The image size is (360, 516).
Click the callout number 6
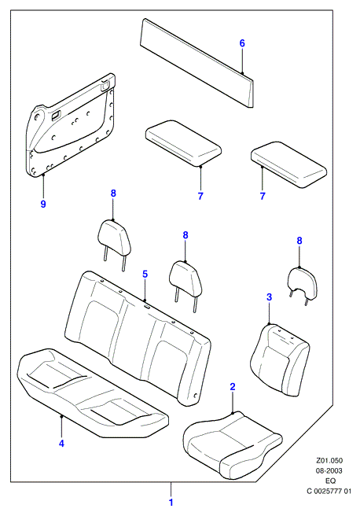242,43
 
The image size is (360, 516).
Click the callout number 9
43,204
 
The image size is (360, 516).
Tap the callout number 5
145,274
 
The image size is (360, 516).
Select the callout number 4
61,444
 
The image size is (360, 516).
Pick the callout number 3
270,297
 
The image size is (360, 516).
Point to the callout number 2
233,387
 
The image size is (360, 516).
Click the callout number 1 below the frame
171,503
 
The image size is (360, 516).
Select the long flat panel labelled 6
197,62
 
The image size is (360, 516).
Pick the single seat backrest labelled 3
280,359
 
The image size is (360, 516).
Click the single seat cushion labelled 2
233,444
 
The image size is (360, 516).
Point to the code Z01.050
329,460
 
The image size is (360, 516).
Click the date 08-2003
329,470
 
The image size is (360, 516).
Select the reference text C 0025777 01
329,492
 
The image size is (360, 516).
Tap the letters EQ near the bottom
331,481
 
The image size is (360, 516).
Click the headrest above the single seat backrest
303,285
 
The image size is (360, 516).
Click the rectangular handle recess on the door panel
56,115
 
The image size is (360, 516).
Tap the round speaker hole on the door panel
37,116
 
